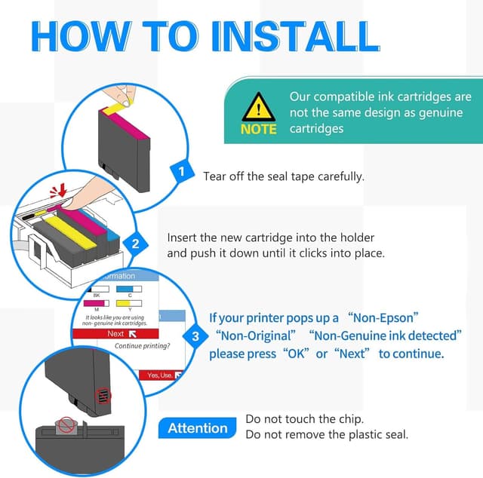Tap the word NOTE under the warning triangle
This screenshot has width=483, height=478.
click(x=259, y=129)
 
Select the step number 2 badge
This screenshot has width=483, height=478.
click(x=136, y=244)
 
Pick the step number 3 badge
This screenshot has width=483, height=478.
click(x=195, y=336)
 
